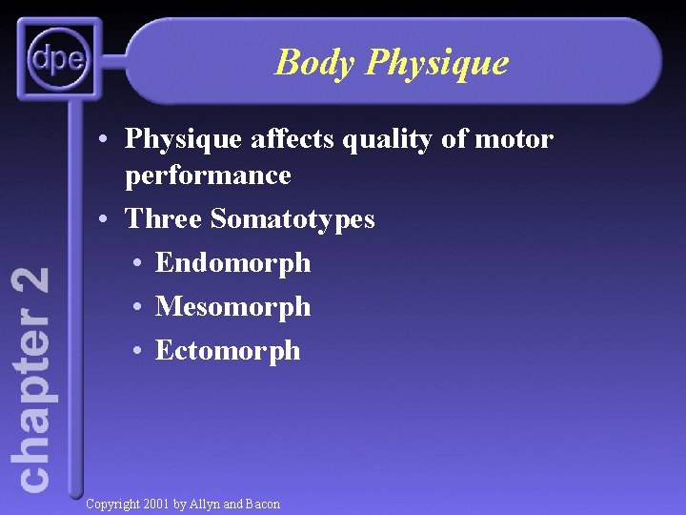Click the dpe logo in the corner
(x=58, y=61)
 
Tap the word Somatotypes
(x=293, y=219)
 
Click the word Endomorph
(x=232, y=262)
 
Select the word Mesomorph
(x=232, y=306)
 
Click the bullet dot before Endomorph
(x=138, y=263)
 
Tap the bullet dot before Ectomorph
(x=138, y=351)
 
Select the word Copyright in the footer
(x=113, y=504)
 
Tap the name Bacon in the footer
(x=262, y=504)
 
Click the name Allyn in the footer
(x=206, y=504)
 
